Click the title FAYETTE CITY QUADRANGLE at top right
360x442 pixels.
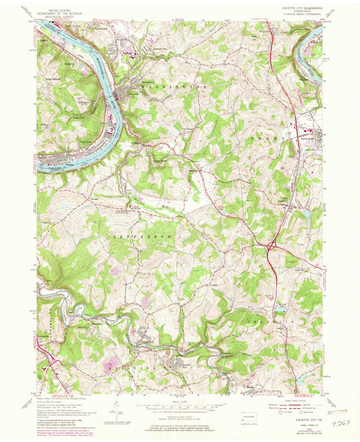point(299,8)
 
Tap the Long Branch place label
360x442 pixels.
point(53,80)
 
